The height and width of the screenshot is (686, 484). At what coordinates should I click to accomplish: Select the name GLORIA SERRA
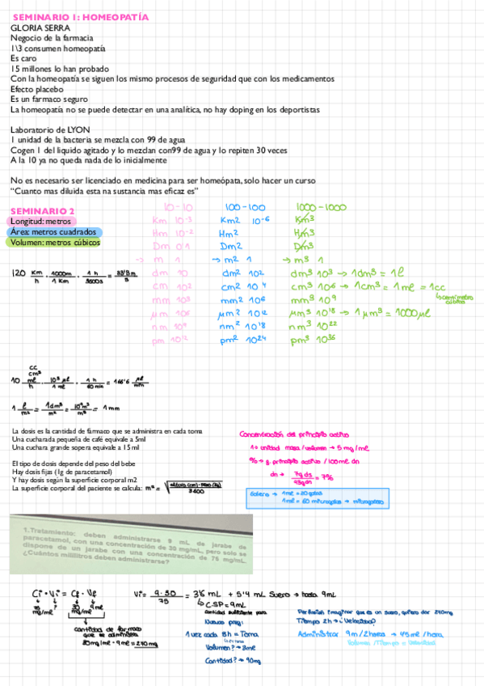[39, 28]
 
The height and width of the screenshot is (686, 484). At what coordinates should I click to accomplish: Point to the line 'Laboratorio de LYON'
[50, 129]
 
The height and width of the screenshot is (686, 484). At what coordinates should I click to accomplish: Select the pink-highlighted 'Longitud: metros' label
[44, 221]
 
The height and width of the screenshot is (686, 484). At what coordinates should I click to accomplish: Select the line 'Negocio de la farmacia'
[52, 38]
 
